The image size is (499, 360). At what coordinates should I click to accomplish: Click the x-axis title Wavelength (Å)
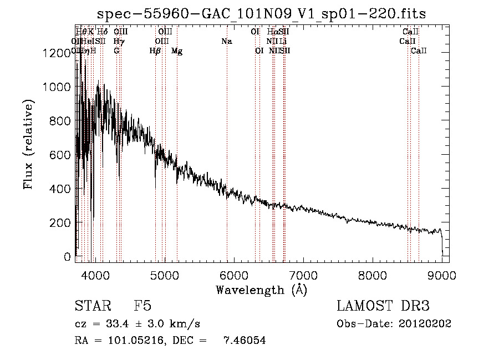click(261, 290)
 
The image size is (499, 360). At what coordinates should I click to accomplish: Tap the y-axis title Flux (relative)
click(28, 144)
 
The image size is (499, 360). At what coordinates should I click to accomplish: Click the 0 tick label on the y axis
click(68, 257)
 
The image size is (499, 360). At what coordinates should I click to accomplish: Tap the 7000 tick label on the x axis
click(303, 274)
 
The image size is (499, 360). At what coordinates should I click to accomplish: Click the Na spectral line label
click(226, 42)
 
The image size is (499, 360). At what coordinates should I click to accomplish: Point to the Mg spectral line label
click(177, 51)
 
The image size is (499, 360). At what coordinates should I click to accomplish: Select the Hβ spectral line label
click(155, 51)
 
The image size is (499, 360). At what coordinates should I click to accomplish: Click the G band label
click(116, 51)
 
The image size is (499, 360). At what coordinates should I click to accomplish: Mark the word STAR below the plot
click(91, 307)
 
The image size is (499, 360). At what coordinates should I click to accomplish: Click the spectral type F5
click(142, 307)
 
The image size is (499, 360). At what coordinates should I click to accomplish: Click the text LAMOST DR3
click(383, 307)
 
